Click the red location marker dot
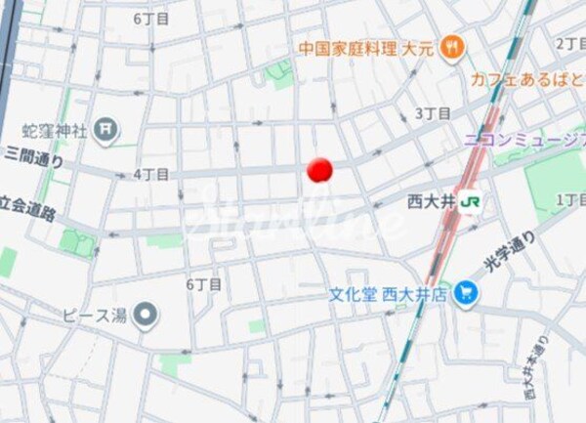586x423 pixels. pyautogui.click(x=319, y=170)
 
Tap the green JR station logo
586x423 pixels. pyautogui.click(x=471, y=201)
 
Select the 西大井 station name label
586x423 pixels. pyautogui.click(x=431, y=202)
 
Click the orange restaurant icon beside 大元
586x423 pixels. pyautogui.click(x=451, y=45)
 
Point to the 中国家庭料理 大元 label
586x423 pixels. pyautogui.click(x=368, y=46)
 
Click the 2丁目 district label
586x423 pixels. pyautogui.click(x=570, y=43)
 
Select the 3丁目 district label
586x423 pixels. pyautogui.click(x=433, y=113)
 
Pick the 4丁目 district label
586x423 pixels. pyautogui.click(x=151, y=174)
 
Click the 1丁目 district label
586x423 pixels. pyautogui.click(x=570, y=199)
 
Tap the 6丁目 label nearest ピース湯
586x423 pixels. pyautogui.click(x=204, y=284)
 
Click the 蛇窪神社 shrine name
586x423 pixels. pyautogui.click(x=58, y=128)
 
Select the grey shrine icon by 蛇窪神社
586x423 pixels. pyautogui.click(x=105, y=128)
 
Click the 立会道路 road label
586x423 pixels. pyautogui.click(x=26, y=206)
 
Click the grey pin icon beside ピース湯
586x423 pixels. pyautogui.click(x=146, y=315)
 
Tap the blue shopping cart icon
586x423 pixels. pyautogui.click(x=466, y=291)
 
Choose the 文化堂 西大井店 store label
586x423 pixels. pyautogui.click(x=388, y=292)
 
